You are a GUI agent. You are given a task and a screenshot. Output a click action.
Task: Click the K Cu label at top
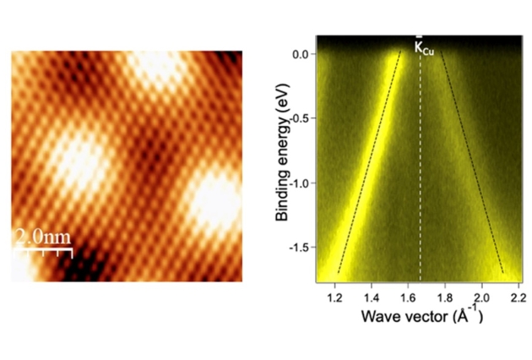pos(425,48)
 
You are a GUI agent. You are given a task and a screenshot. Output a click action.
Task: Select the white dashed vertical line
pos(421,169)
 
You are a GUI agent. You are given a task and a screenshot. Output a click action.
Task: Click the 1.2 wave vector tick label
pos(333,298)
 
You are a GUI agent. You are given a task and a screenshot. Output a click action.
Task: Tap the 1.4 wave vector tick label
pos(370,298)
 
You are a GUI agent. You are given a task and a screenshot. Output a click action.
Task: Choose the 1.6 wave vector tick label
pos(407,298)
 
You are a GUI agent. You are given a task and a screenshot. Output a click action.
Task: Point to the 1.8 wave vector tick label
pos(444,298)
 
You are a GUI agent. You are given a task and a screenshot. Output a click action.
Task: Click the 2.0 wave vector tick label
pos(481,298)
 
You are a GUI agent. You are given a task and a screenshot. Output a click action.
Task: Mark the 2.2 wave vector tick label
pos(518,298)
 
